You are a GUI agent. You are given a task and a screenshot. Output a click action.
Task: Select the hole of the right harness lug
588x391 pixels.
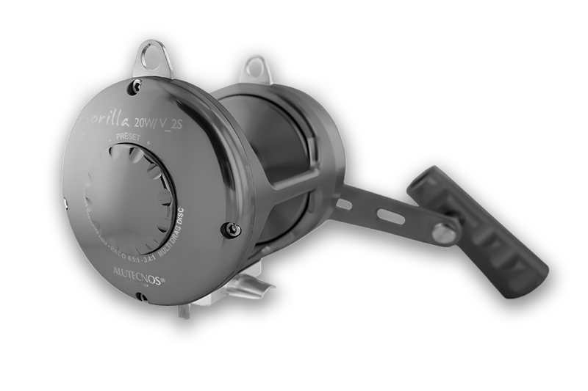(253, 67)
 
